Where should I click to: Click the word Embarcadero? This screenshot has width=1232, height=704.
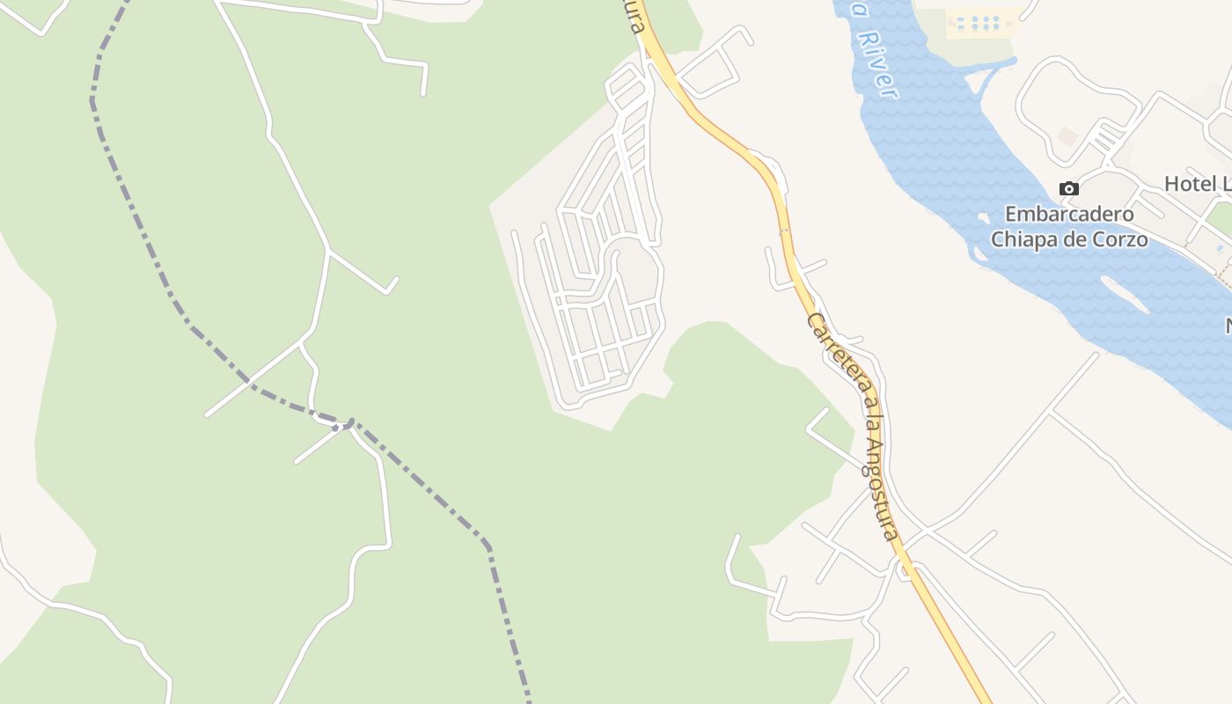1069,214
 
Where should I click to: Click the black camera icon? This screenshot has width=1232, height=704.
1068,188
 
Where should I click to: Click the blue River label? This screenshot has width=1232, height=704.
877,63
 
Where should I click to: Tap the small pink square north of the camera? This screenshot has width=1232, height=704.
1067,137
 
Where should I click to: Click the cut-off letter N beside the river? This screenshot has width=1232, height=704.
1228,326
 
